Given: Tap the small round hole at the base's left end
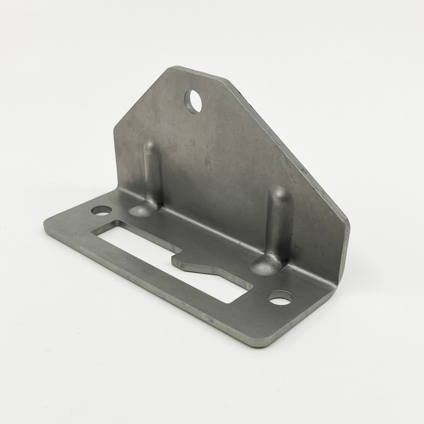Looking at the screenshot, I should point(101,211).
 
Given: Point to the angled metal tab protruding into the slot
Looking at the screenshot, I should point(198,265).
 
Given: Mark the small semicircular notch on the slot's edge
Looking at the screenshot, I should point(178,251).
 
